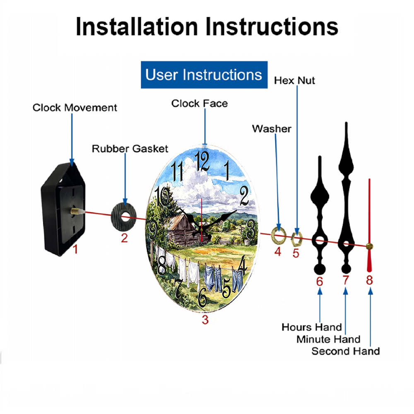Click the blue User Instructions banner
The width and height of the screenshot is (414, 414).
point(204,75)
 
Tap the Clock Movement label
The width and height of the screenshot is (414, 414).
point(75,108)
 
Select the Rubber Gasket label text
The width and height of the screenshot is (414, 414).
point(130,149)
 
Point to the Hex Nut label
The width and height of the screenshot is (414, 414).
point(294,81)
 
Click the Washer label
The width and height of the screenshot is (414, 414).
point(272,129)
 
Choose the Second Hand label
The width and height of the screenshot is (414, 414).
point(346,351)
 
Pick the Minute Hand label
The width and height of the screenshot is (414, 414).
point(328,339)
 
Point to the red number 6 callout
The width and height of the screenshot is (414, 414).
point(320,282)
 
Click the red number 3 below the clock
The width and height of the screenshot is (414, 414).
point(205,320)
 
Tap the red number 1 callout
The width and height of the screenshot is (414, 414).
point(75,249)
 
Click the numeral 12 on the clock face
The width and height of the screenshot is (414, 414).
point(202,161)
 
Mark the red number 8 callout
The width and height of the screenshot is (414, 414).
point(369,280)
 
